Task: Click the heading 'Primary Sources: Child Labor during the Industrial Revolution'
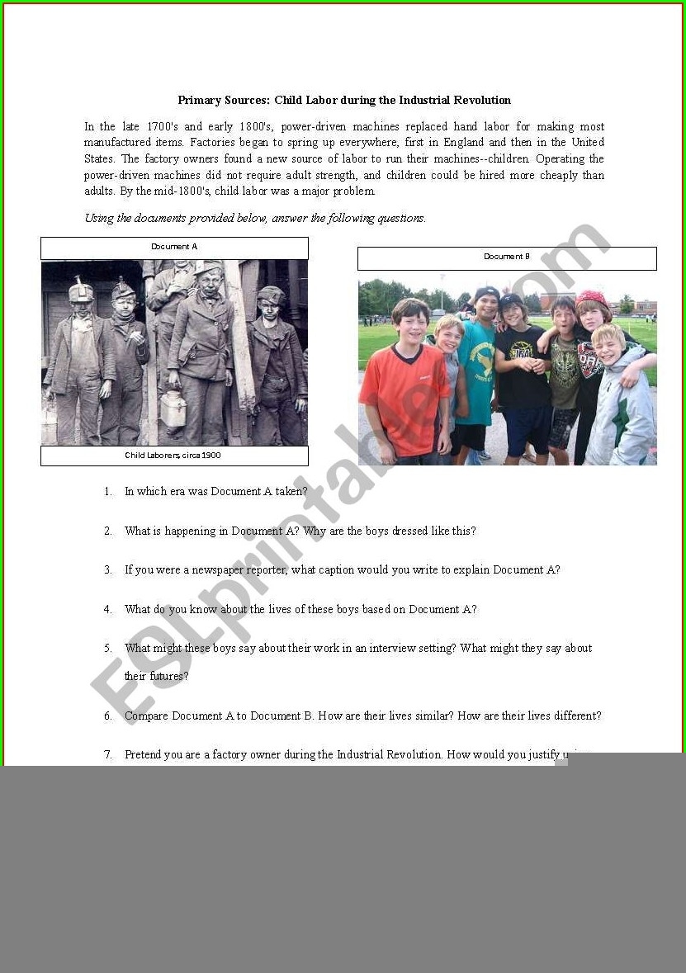pos(344,101)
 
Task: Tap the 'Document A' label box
pos(174,248)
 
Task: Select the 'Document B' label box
pos(507,257)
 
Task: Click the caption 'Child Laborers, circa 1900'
pos(173,456)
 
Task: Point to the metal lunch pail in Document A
pos(173,409)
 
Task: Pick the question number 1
pos(108,492)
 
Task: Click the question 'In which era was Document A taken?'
pos(216,492)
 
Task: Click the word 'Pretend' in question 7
pos(144,755)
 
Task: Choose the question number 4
pos(108,610)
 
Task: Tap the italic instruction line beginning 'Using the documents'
pos(255,219)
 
